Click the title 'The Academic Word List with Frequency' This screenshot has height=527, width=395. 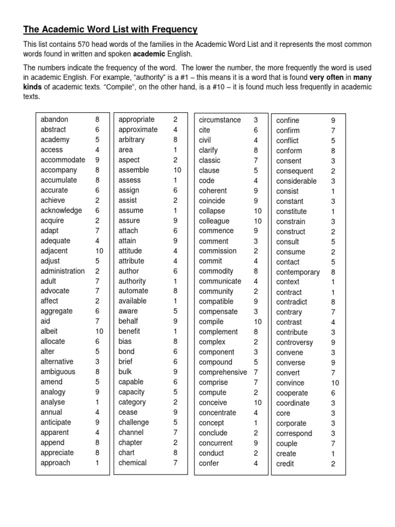(111, 29)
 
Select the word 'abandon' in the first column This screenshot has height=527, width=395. (54, 119)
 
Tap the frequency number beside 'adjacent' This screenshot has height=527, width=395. (99, 251)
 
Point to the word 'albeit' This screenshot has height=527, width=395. (49, 331)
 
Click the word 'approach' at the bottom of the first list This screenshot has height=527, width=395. (56, 463)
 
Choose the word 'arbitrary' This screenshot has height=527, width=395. (132, 139)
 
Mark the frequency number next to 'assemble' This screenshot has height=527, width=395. (177, 170)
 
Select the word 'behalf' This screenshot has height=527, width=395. (128, 321)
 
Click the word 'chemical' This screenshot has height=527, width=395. (133, 463)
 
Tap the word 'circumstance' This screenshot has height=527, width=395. (220, 120)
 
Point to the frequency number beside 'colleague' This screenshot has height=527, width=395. (258, 221)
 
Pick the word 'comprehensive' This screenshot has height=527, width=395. (223, 372)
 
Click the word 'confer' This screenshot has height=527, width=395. (209, 463)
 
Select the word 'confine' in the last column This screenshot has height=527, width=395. (288, 120)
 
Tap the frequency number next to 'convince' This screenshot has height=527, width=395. (335, 383)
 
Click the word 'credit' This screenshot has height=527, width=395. (285, 464)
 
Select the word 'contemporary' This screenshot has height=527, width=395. (298, 272)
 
